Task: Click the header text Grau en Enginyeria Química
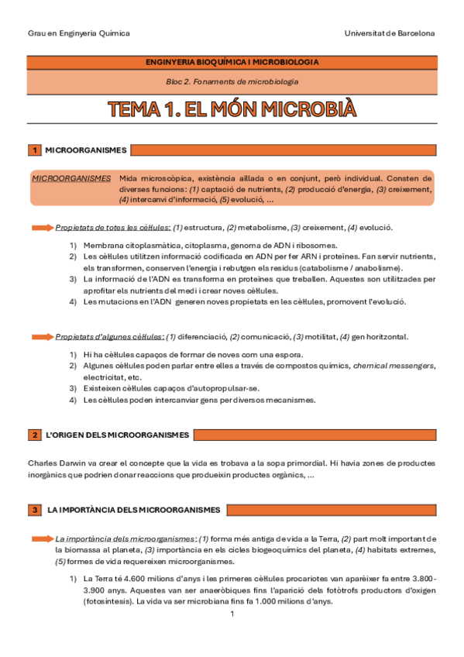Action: coord(79,33)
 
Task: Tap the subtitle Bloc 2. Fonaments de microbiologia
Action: coord(232,81)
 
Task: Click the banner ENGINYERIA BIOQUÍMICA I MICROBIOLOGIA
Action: coord(232,62)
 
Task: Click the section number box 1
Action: coord(35,150)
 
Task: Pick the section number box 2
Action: coord(35,435)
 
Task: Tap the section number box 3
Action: coord(35,509)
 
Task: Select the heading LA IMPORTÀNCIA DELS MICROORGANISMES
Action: coord(134,509)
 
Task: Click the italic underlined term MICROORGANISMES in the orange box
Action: coord(70,177)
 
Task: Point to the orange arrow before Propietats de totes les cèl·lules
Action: coord(42,228)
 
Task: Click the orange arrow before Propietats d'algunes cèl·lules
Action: coord(42,337)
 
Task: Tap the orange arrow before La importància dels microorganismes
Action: coord(42,538)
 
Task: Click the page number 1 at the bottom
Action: coord(232,614)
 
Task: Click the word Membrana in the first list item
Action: coord(104,246)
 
